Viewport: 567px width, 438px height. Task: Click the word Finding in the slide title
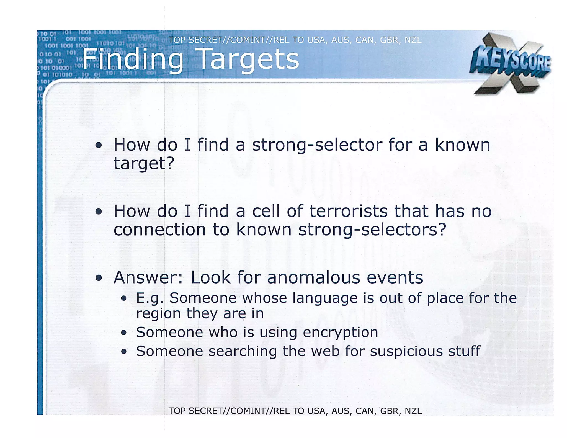132,60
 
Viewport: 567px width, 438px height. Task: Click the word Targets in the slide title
249,60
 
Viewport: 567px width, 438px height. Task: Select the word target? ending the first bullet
144,163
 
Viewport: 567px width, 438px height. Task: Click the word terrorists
348,211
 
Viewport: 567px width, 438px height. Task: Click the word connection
159,230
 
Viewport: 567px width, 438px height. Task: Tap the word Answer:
148,277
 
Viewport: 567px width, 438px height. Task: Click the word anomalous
313,277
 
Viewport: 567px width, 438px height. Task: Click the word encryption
340,333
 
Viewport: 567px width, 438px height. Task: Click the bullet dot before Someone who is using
124,333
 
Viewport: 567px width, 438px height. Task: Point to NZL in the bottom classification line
413,411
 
